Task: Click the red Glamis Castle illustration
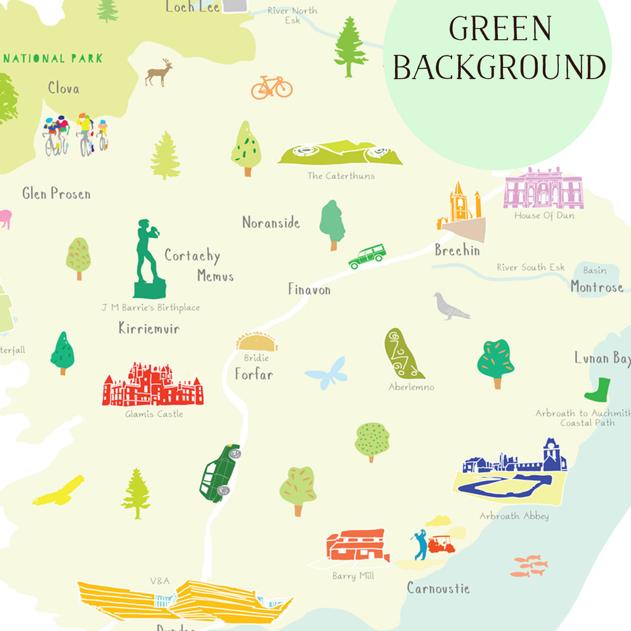pos(153,386)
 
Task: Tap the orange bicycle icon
pos(271,88)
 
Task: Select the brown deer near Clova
pos(158,73)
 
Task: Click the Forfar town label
pos(253,374)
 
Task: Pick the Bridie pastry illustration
pos(257,342)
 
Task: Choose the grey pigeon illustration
pos(450,307)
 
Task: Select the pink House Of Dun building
pos(543,189)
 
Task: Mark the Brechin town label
pos(457,251)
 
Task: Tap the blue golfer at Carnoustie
pos(420,545)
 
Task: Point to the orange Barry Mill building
pos(357,546)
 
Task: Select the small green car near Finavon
pos(367,256)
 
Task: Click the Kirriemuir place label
pos(149,328)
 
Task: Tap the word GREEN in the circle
pos(500,29)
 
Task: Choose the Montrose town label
pos(596,287)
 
